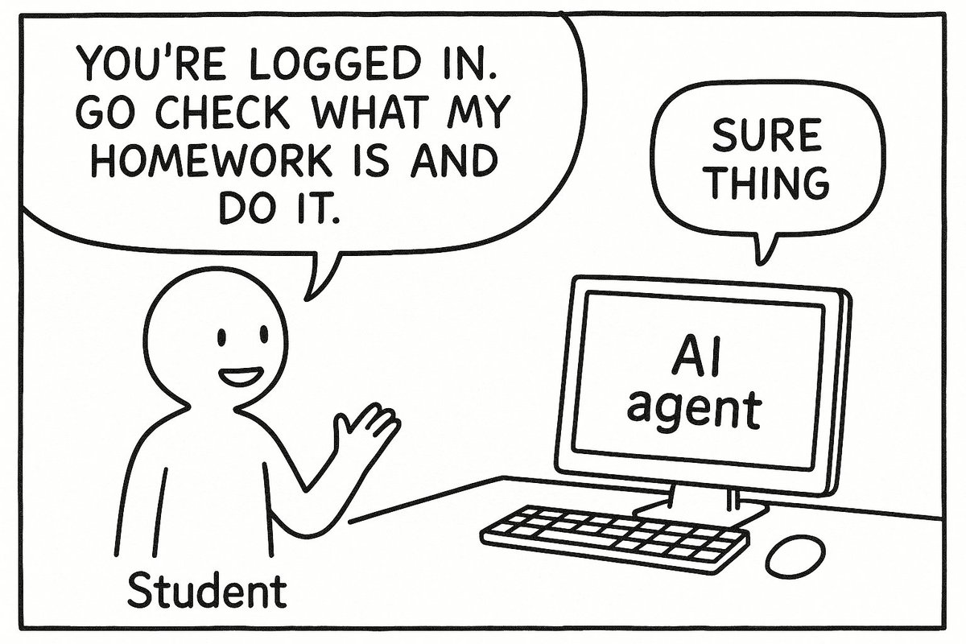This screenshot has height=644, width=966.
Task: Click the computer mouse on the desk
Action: pyautogui.click(x=795, y=556)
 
